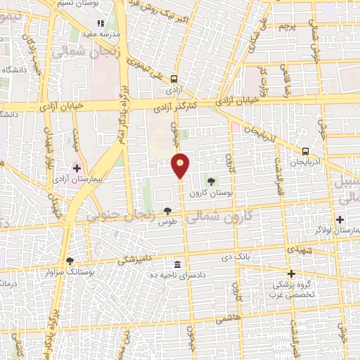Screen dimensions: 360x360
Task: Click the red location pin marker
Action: click(x=181, y=165)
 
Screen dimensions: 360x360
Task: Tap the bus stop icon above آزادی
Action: click(x=174, y=79)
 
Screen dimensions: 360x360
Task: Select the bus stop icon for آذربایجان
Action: click(x=305, y=151)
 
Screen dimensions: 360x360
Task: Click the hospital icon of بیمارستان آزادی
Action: click(x=77, y=169)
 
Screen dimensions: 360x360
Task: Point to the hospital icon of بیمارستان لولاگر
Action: click(x=340, y=219)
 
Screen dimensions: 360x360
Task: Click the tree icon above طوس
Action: click(x=167, y=210)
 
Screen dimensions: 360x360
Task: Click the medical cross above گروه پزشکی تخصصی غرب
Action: click(x=290, y=273)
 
